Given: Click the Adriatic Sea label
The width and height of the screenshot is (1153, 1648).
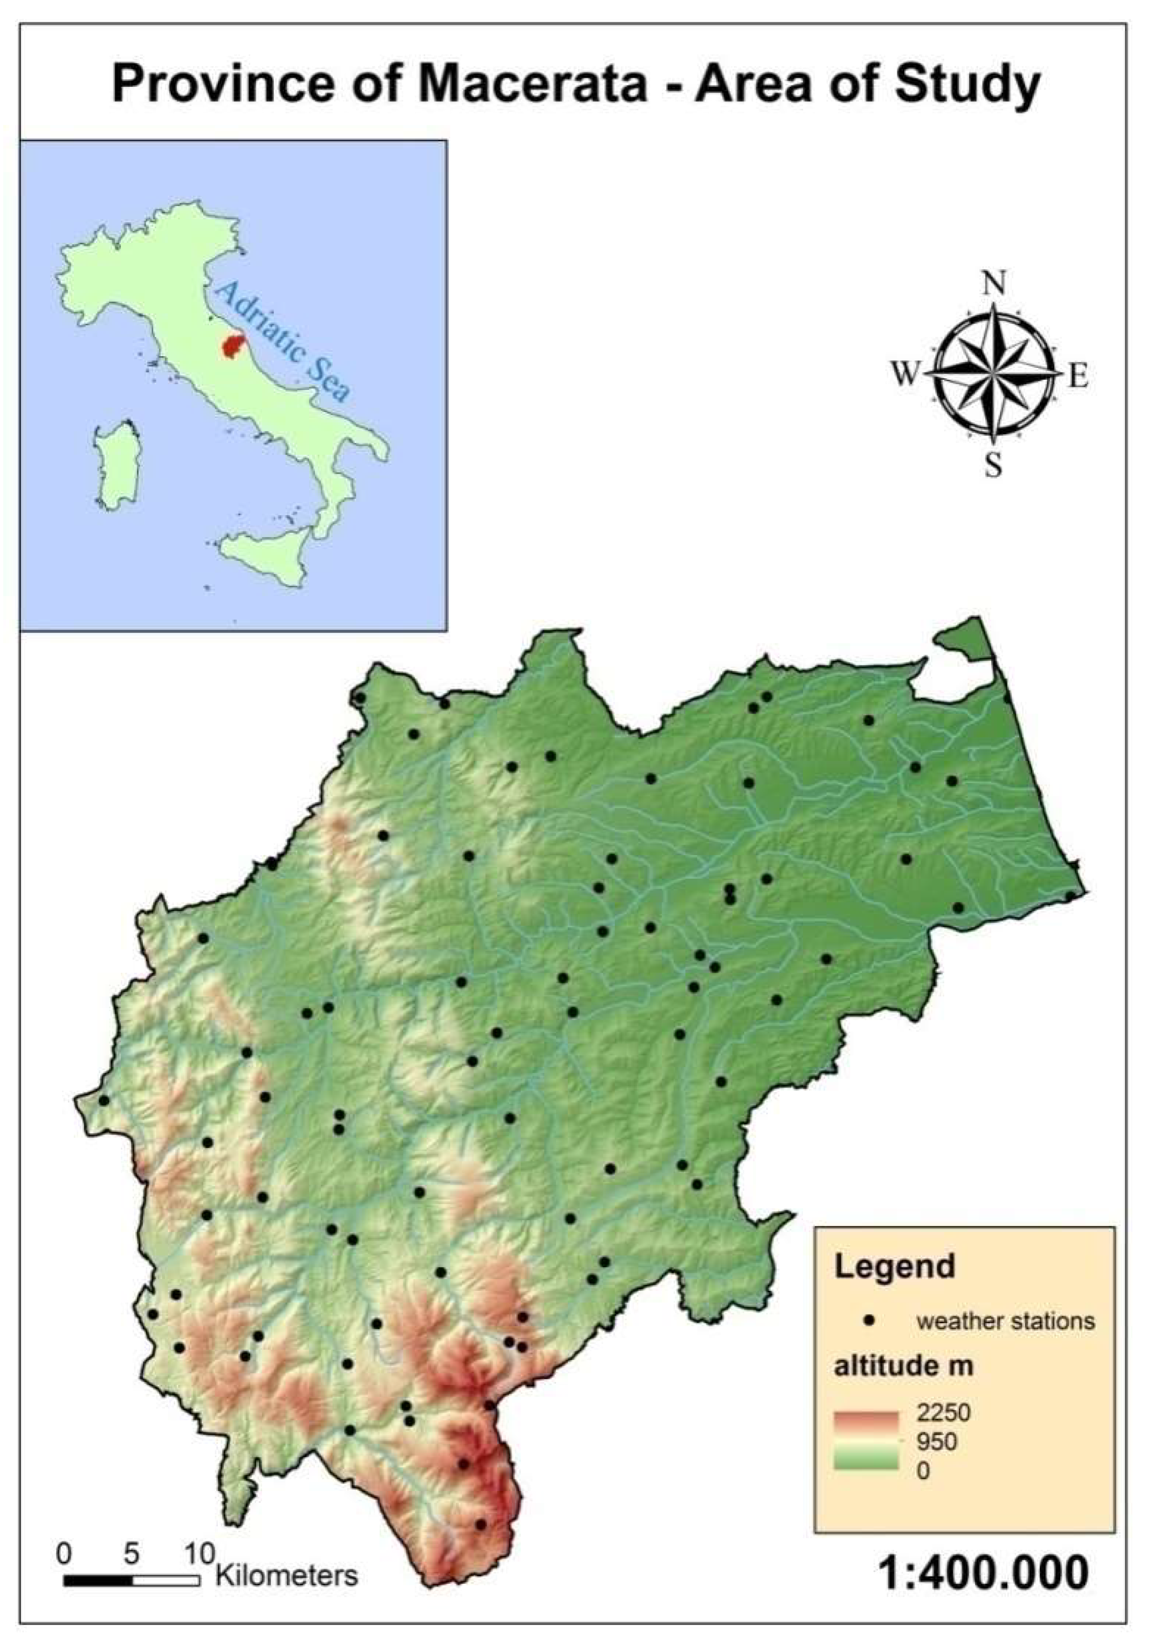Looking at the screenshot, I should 284,340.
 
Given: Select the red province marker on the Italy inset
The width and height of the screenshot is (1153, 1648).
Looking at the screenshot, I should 232,345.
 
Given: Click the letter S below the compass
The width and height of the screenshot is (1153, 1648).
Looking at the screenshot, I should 993,467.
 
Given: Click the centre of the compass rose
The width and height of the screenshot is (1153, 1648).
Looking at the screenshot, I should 993,374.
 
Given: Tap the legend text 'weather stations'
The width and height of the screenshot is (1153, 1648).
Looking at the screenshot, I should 1006,1321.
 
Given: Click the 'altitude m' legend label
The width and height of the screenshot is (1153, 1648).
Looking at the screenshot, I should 903,1366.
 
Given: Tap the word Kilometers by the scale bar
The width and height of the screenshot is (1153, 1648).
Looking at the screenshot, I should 286,1576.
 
